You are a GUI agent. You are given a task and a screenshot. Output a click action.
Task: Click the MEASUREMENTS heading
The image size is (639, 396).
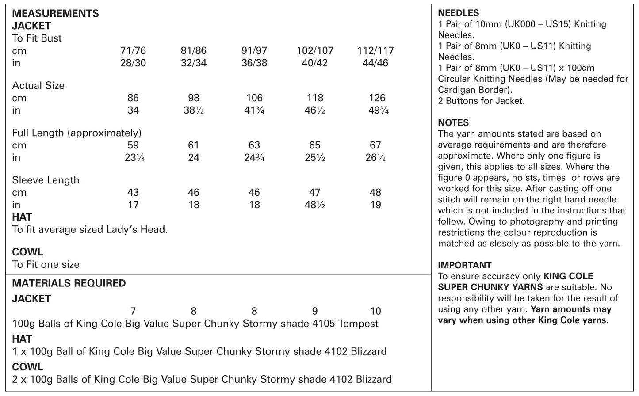[55, 13]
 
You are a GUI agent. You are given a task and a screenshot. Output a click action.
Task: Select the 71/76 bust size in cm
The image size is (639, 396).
[133, 50]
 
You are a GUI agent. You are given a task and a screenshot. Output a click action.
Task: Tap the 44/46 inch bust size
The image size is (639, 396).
[375, 63]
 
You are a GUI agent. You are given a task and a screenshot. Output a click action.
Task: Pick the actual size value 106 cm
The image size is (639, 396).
[254, 98]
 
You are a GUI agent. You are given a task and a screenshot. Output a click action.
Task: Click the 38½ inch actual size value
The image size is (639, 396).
[194, 110]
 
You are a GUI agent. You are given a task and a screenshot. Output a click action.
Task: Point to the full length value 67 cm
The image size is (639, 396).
[375, 145]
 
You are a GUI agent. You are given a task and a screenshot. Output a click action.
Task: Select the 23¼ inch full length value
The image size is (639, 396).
[133, 157]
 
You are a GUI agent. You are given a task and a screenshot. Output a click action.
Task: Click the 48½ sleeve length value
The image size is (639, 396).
[314, 205]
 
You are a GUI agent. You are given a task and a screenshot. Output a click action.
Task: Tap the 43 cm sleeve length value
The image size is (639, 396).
[133, 192]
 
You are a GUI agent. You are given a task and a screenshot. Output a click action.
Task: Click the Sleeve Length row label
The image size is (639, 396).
[46, 180]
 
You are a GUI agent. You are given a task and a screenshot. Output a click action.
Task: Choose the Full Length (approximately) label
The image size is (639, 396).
[77, 133]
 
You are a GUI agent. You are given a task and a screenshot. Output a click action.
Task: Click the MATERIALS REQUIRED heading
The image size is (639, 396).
[69, 283]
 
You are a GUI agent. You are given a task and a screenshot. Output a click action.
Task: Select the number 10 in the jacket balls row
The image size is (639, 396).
[375, 311]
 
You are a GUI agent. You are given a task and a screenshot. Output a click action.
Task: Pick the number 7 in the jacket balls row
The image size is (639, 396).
[133, 311]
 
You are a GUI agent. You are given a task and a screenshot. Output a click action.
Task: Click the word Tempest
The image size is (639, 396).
[358, 324]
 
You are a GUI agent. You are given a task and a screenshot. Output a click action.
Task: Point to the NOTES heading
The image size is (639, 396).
[453, 122]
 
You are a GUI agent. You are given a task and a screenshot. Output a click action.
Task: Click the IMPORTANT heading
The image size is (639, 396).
[464, 265]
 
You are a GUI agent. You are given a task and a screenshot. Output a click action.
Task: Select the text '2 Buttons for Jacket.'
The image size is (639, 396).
[481, 101]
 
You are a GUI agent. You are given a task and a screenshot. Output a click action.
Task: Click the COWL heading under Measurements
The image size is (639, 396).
[27, 252]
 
